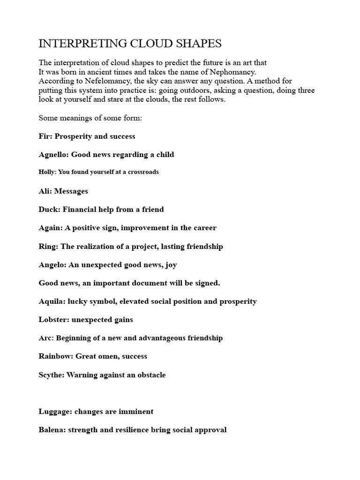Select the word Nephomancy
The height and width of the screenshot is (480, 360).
[234, 72]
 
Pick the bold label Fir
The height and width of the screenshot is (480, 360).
[45, 136]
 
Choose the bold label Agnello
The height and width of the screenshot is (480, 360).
[53, 155]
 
